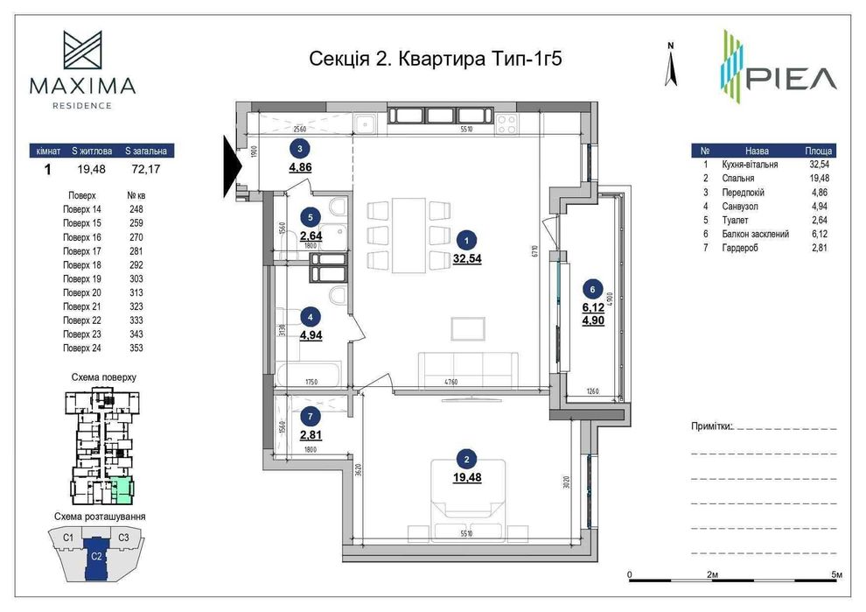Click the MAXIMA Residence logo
coord(82,70)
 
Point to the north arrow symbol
coord(670,66)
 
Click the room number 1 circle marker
coord(469,238)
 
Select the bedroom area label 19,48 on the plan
coord(468,477)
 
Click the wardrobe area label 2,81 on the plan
coord(311,434)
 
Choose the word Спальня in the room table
coord(740,179)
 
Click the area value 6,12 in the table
coord(815,234)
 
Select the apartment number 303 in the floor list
coord(136,278)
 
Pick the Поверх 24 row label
coord(82,348)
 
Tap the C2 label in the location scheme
coord(97,555)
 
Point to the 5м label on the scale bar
coord(836,574)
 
